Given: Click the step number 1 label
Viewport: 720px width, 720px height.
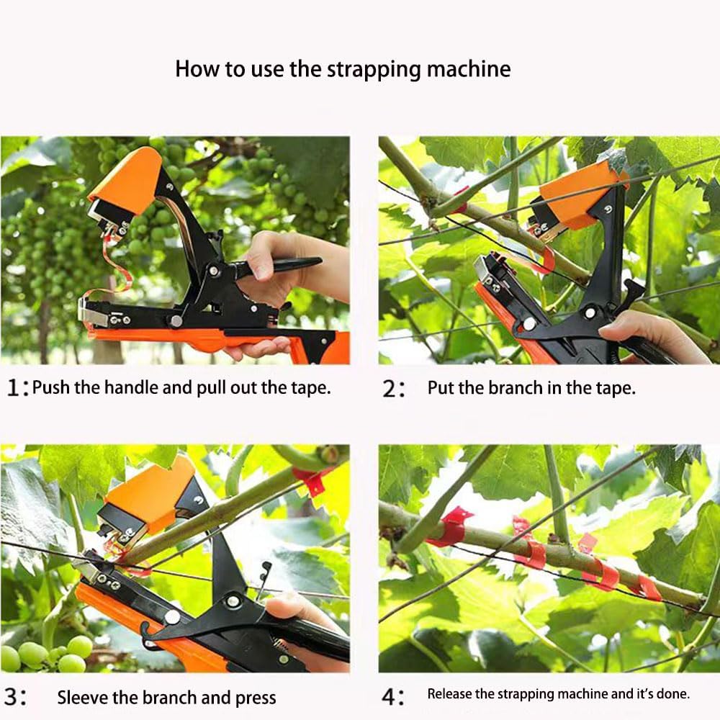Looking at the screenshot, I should (x=14, y=388).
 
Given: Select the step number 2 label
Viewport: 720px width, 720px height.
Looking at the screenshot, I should (x=393, y=389).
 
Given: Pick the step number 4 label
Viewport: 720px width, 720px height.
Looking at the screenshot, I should (x=392, y=696).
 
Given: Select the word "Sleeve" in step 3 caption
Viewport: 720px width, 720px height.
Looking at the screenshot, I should (x=81, y=697).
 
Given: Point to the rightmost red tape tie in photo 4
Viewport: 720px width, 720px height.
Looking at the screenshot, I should (x=647, y=588).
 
